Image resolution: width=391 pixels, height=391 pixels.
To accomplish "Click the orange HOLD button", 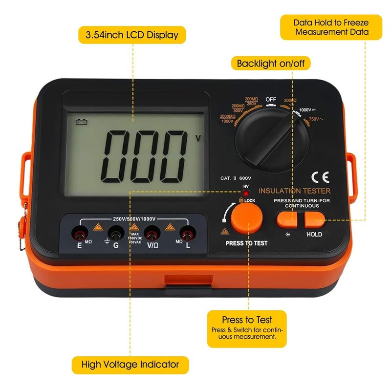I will coord(314,220).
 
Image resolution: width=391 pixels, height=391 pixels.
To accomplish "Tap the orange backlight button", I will coord(286,220).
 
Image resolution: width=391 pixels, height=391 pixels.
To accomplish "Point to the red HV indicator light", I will coord(246,193).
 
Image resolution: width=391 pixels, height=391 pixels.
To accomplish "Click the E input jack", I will coord(77,232).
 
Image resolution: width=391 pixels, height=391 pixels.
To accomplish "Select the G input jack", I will coord(115,232).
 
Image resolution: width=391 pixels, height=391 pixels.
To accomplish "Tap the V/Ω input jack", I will coord(152,232).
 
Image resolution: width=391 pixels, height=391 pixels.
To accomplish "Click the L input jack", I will coord(187,232).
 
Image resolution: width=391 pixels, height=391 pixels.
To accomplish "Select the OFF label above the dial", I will coord(271,100).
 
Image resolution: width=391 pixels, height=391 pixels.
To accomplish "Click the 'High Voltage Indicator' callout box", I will coord(130,364).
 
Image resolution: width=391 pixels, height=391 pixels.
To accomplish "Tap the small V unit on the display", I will coord(198,138).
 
